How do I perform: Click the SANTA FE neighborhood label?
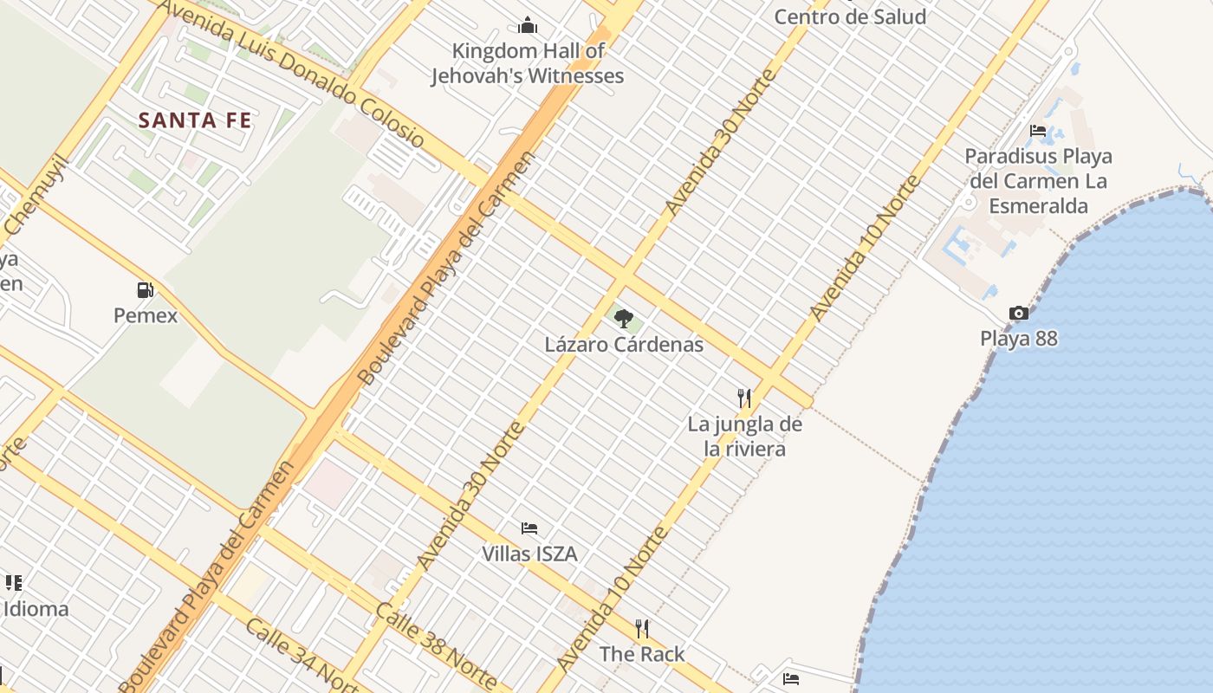[x=195, y=120]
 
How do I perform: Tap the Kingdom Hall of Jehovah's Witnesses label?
[x=528, y=63]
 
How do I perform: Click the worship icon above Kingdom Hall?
[x=528, y=25]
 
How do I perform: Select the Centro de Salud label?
[x=849, y=16]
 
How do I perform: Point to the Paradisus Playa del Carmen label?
[x=1038, y=181]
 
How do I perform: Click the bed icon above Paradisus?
[x=1038, y=131]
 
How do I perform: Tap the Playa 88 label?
[x=1019, y=338]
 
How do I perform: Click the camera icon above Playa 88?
[x=1019, y=313]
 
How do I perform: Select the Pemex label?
[x=146, y=315]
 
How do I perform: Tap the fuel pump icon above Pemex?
[x=146, y=290]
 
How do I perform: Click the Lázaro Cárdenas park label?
[x=624, y=344]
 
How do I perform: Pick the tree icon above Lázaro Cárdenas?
[x=624, y=318]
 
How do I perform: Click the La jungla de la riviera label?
[x=745, y=437]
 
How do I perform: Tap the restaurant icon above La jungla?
[x=744, y=398]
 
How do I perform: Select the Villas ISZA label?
[x=529, y=554]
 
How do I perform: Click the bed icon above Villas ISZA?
[x=529, y=528]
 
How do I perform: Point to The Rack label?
[x=642, y=654]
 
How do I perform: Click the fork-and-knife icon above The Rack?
[x=642, y=628]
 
